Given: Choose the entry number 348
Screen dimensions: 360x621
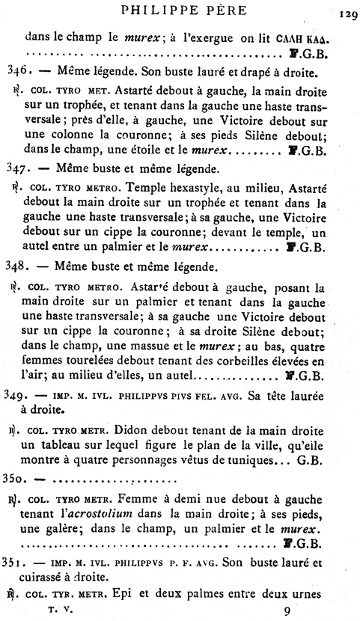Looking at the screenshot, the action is tap(16, 266).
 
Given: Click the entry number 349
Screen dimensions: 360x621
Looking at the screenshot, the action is tap(16, 394).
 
